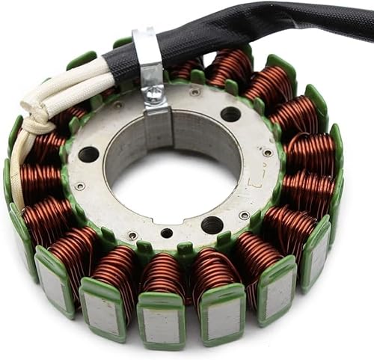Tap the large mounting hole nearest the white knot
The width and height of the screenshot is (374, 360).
coord(88,155)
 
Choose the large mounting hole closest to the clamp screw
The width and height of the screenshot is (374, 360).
coord(230,114)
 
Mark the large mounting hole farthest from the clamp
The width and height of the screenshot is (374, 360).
coord(212,225)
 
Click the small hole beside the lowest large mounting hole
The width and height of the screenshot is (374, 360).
coord(166,233)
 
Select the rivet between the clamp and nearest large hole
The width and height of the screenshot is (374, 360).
coord(194,92)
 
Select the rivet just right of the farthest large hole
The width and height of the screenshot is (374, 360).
coord(244,215)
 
